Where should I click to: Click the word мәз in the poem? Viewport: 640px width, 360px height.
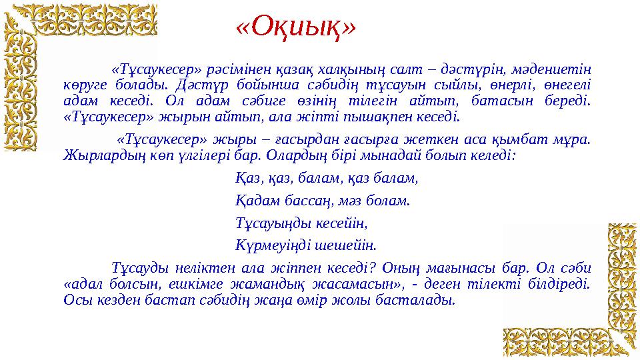pos(342,199)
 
